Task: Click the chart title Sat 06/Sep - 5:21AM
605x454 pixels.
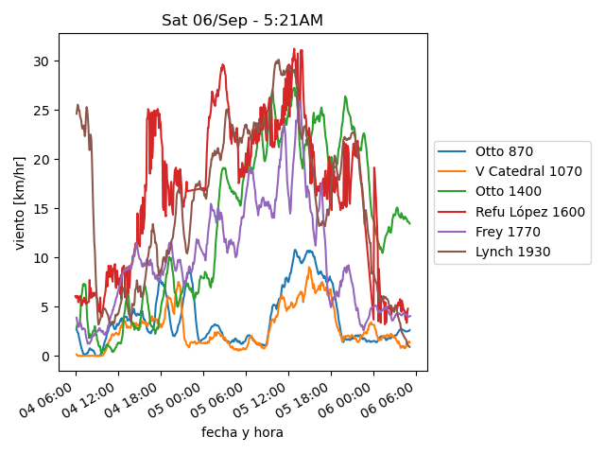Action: click(x=242, y=21)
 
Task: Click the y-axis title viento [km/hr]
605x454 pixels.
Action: click(x=20, y=203)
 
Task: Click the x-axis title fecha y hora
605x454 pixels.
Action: click(x=242, y=432)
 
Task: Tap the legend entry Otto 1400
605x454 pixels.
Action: click(x=508, y=192)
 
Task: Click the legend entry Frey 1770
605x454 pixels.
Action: click(x=506, y=233)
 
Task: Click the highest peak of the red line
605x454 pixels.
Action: click(x=294, y=49)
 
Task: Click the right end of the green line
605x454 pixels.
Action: click(x=409, y=223)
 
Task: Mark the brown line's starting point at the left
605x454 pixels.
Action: click(x=77, y=113)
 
